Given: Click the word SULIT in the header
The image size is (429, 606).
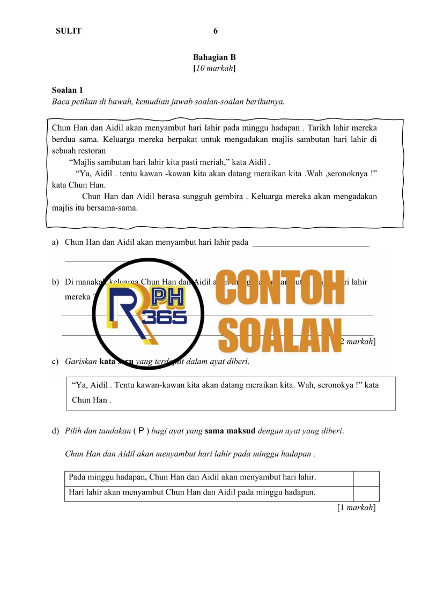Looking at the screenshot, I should click(x=69, y=31).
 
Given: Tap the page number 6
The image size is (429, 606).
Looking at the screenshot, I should click(x=216, y=31).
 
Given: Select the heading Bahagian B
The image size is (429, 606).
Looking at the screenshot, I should click(x=214, y=57).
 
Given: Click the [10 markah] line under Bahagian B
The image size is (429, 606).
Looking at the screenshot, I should click(x=214, y=68).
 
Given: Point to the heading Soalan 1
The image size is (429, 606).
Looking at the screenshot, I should click(x=67, y=90).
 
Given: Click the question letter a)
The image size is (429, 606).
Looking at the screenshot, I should click(x=55, y=243).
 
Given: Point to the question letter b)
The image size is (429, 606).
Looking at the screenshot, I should click(x=55, y=281).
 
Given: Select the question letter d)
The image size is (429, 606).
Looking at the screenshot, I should click(x=55, y=431).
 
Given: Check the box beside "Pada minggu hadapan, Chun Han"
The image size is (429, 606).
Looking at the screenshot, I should click(x=366, y=478).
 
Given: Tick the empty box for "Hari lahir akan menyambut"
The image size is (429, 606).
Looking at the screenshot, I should click(x=366, y=493).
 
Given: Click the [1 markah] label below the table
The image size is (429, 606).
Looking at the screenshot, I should click(x=356, y=508).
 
